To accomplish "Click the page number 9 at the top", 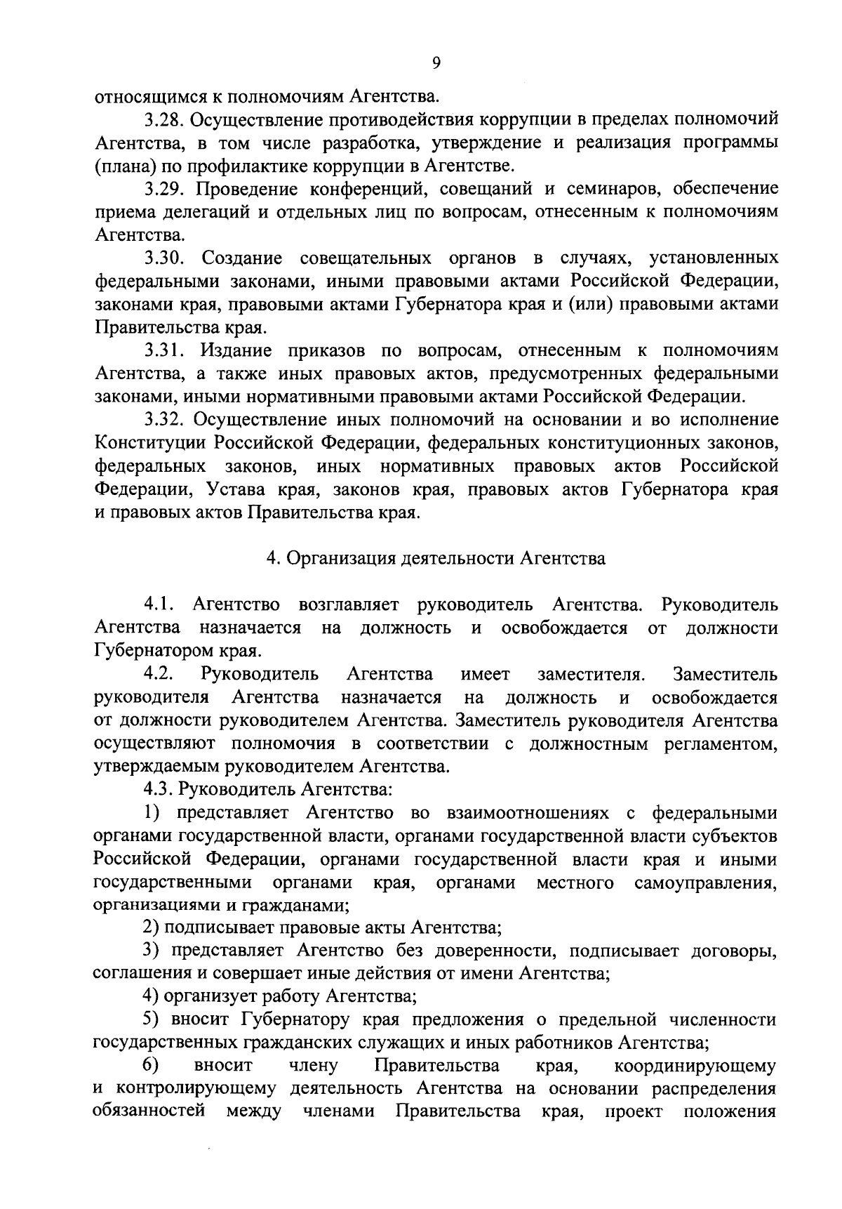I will (x=436, y=63).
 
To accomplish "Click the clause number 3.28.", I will (x=165, y=120).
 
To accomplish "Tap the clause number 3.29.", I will (x=165, y=189).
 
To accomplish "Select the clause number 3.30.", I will (x=165, y=258).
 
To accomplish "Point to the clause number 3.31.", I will (x=165, y=350).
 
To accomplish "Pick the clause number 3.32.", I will (x=165, y=420).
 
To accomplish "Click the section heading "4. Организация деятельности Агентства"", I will (x=436, y=559).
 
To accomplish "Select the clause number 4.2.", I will (x=159, y=675).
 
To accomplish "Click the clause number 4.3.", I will (x=159, y=789).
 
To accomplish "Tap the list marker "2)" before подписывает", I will (x=152, y=928).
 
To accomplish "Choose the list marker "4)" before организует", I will (x=152, y=996).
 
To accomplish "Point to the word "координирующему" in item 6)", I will (x=695, y=1066).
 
